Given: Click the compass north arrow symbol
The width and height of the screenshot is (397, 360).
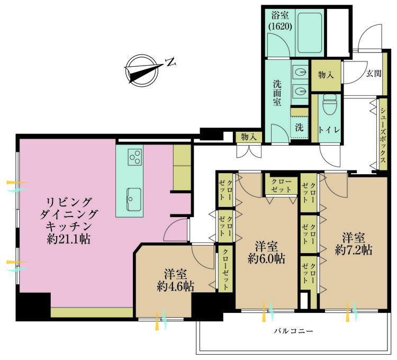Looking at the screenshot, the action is point(141,70).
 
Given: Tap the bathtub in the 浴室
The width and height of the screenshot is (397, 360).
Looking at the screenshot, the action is point(310,32).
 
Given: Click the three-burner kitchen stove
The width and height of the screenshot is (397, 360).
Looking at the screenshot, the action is point(134,157).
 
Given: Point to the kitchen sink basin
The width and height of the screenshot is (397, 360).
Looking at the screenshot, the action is point(134,200).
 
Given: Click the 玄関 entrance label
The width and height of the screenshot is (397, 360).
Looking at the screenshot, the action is point(374,74).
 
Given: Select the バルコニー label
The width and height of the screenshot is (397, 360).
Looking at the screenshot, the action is point(293,331).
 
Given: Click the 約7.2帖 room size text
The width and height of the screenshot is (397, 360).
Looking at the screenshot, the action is point(354,250).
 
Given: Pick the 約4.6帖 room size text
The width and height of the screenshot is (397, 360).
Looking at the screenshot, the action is point(175,286).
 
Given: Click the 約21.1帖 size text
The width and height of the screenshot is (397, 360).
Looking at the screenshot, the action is point(69,238).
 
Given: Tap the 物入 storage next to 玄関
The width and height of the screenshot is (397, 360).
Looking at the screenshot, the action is point(326,75).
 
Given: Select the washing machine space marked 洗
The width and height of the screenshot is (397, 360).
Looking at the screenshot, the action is point(299,128).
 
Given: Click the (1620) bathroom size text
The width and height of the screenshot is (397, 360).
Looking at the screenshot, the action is point(280,26).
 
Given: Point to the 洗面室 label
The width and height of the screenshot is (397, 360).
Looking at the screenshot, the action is point(277,93).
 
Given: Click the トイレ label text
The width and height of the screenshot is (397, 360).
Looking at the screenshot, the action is point(329,130).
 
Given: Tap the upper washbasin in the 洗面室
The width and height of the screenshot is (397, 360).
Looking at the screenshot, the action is point(301,71).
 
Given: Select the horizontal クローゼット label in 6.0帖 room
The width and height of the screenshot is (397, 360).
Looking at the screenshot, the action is point(281,185).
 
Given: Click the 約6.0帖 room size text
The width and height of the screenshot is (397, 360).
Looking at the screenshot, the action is point(266,258).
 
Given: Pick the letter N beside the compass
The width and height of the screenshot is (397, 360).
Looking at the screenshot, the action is point(170,62).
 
